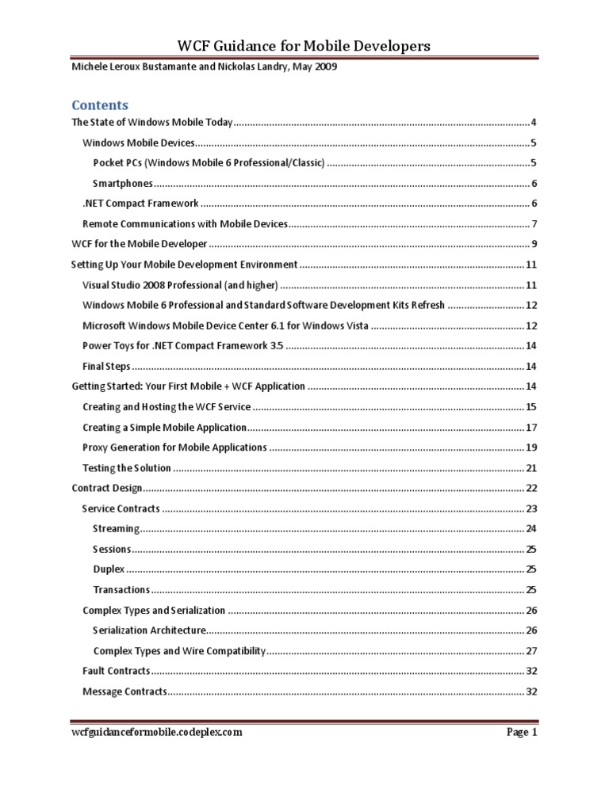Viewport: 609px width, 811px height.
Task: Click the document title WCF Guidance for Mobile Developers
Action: pyautogui.click(x=304, y=46)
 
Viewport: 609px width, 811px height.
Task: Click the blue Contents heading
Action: pyautogui.click(x=100, y=105)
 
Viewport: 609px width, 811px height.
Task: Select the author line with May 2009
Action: pyautogui.click(x=205, y=67)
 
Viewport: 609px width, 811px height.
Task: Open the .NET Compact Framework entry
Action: pyautogui.click(x=140, y=204)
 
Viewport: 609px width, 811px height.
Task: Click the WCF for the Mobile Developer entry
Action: pyautogui.click(x=140, y=244)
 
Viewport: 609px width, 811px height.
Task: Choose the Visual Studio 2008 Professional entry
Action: pyautogui.click(x=180, y=284)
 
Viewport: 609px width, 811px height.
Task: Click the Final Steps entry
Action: pyautogui.click(x=106, y=366)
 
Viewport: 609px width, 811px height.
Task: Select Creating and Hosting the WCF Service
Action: pyautogui.click(x=167, y=406)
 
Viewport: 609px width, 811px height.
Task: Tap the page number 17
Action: pyautogui.click(x=532, y=427)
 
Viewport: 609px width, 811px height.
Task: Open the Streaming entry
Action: pyautogui.click(x=116, y=528)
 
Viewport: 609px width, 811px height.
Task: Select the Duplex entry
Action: pyautogui.click(x=109, y=569)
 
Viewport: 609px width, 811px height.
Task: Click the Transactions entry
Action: pyautogui.click(x=121, y=590)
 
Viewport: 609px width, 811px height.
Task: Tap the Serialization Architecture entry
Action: pyautogui.click(x=149, y=630)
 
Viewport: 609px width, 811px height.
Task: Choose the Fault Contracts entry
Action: pyautogui.click(x=116, y=671)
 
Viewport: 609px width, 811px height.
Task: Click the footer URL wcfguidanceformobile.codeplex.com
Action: pyautogui.click(x=157, y=733)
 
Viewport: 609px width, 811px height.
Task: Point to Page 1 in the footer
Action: pyautogui.click(x=523, y=733)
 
